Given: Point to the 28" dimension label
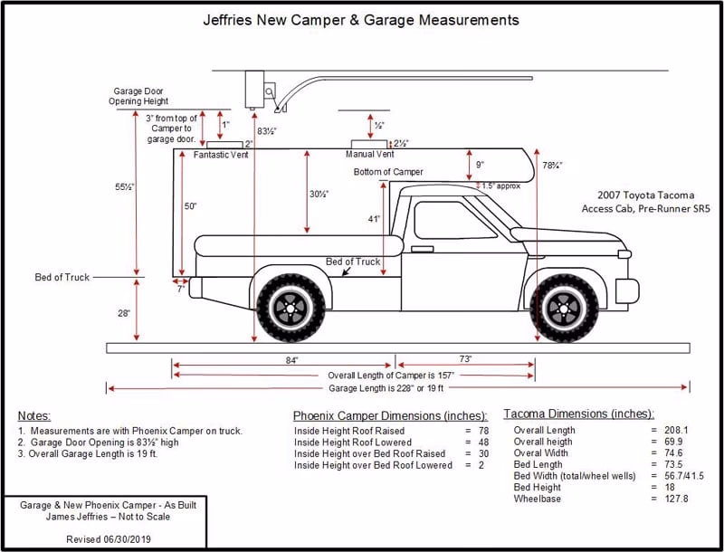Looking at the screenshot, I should point(123,312).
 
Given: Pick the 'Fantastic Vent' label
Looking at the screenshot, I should point(221,155).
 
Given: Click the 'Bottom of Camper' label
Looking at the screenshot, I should point(388,172).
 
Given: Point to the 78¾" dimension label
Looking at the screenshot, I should point(552,166).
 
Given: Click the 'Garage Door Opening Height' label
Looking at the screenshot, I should point(140,97).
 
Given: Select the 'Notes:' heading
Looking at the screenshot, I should point(34,414).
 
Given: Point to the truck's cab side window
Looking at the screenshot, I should point(443,220).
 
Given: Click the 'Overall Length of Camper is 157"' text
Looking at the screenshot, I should point(390,375).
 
